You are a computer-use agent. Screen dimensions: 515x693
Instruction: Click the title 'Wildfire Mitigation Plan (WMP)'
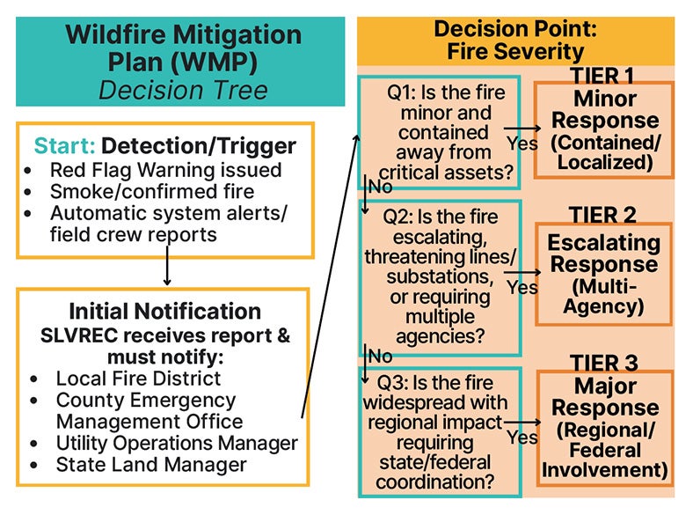(x=184, y=48)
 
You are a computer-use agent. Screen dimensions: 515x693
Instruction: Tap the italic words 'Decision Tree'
(x=184, y=90)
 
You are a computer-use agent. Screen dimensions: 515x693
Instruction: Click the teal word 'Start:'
(x=64, y=146)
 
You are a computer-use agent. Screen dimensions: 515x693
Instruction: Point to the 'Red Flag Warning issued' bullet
(x=165, y=170)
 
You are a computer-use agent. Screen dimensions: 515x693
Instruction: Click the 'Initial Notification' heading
(x=165, y=312)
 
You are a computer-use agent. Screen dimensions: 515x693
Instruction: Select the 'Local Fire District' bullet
(x=138, y=378)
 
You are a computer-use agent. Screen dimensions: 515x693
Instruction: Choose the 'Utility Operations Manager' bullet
(x=176, y=442)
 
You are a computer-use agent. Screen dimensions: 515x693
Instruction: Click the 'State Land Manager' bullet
(x=151, y=463)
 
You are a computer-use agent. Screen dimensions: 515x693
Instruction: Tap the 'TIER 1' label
(x=603, y=77)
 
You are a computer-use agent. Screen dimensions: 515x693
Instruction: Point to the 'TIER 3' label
(x=603, y=363)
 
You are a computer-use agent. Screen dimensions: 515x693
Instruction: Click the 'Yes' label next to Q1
(x=522, y=141)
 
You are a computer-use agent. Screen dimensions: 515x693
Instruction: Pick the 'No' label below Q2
(x=380, y=356)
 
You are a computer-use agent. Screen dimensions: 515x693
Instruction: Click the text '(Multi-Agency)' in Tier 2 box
(x=603, y=297)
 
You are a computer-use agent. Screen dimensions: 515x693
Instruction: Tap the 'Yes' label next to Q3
(x=522, y=437)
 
